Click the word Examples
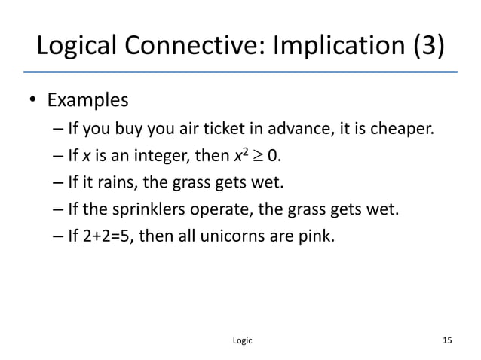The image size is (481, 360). point(88,101)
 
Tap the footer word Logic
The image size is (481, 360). point(240,340)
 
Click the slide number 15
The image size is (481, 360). point(447,340)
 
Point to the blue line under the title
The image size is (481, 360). point(240,71)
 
